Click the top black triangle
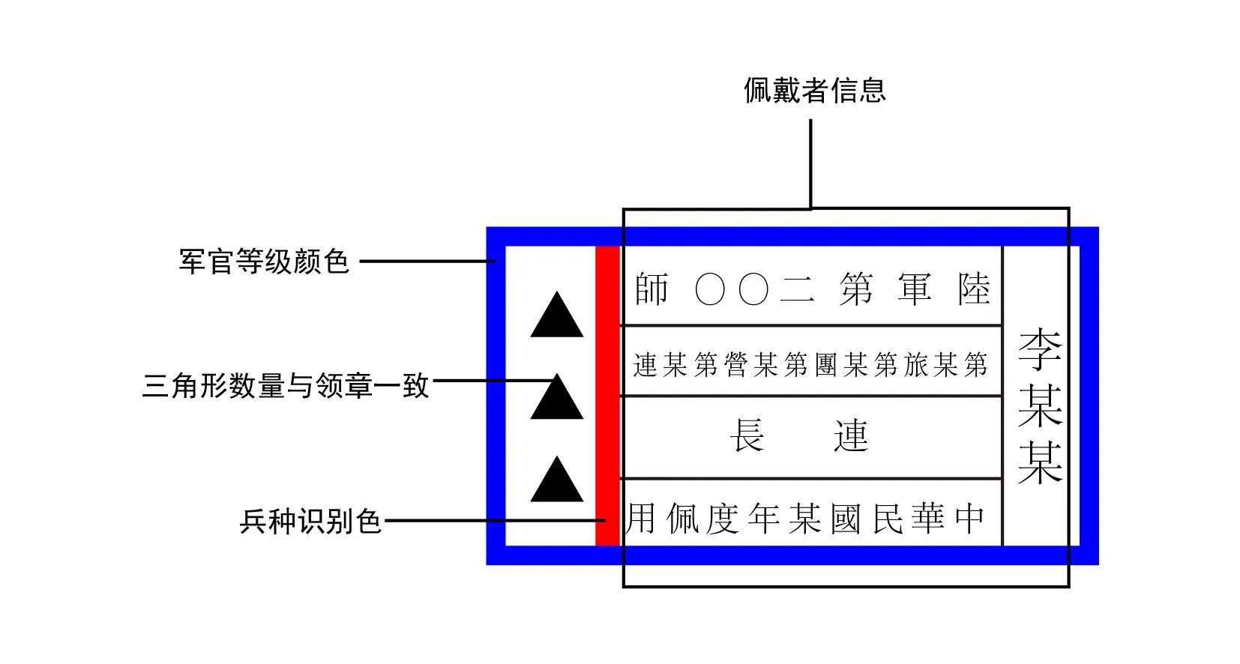pyautogui.click(x=556, y=318)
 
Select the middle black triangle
pyautogui.click(x=556, y=399)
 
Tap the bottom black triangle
pyautogui.click(x=556, y=481)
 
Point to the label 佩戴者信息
pyautogui.click(x=814, y=90)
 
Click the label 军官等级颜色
pyautogui.click(x=264, y=262)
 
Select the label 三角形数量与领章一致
pyautogui.click(x=286, y=386)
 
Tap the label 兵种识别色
pyautogui.click(x=310, y=521)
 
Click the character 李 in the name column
pyautogui.click(x=1040, y=348)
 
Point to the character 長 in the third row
pyautogui.click(x=747, y=435)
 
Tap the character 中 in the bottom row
pyautogui.click(x=969, y=519)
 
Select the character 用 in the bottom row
pyautogui.click(x=642, y=519)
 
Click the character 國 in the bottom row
pyautogui.click(x=846, y=519)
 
